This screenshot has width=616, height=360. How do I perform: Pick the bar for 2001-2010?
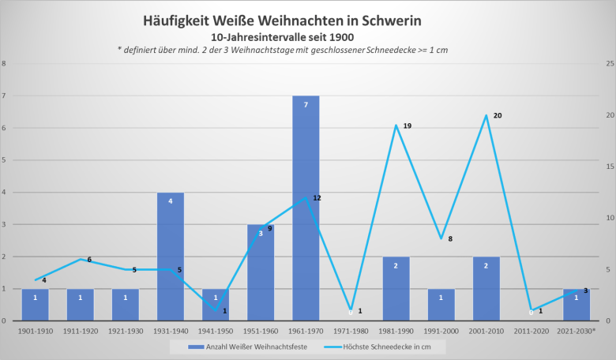click(x=486, y=289)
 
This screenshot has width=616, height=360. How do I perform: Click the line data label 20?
click(x=498, y=115)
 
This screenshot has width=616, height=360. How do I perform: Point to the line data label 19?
click(x=408, y=126)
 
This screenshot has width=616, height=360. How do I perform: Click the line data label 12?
click(x=317, y=197)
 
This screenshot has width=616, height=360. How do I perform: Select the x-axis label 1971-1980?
click(x=351, y=331)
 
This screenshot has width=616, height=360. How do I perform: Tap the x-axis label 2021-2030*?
click(x=577, y=331)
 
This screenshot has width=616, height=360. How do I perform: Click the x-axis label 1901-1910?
click(x=36, y=331)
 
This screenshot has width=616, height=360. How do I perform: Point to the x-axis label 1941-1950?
click(x=216, y=331)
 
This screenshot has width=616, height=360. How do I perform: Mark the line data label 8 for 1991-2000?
click(x=450, y=238)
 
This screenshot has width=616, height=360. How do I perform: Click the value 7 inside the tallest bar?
click(x=306, y=104)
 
